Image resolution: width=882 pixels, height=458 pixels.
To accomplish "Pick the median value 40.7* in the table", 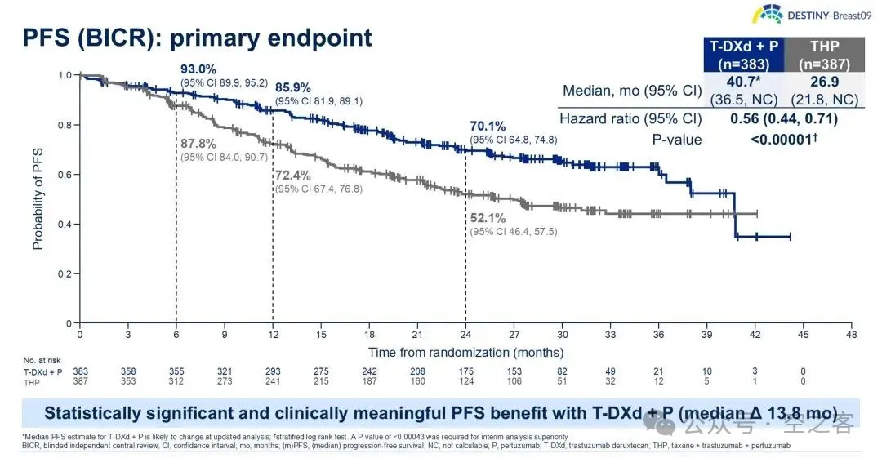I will (746, 82).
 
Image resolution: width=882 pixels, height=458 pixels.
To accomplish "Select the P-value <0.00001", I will (785, 140).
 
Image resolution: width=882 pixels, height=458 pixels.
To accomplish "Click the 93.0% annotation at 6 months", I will (198, 69).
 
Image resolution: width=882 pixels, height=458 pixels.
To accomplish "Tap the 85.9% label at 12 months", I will (293, 87).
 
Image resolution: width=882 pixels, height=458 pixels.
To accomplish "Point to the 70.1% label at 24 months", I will (488, 126).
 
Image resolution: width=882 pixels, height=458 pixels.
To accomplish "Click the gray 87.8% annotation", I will (198, 144).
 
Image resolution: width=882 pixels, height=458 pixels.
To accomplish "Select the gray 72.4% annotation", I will (293, 176).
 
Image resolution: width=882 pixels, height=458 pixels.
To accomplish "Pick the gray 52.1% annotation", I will (488, 219).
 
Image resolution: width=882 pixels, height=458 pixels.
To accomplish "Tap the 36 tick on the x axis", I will (658, 335).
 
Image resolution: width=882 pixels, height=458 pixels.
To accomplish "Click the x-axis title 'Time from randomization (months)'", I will (465, 353).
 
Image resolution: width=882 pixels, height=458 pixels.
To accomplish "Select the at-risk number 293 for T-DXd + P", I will (273, 371).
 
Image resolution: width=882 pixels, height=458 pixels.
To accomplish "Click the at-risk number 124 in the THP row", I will (465, 381).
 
